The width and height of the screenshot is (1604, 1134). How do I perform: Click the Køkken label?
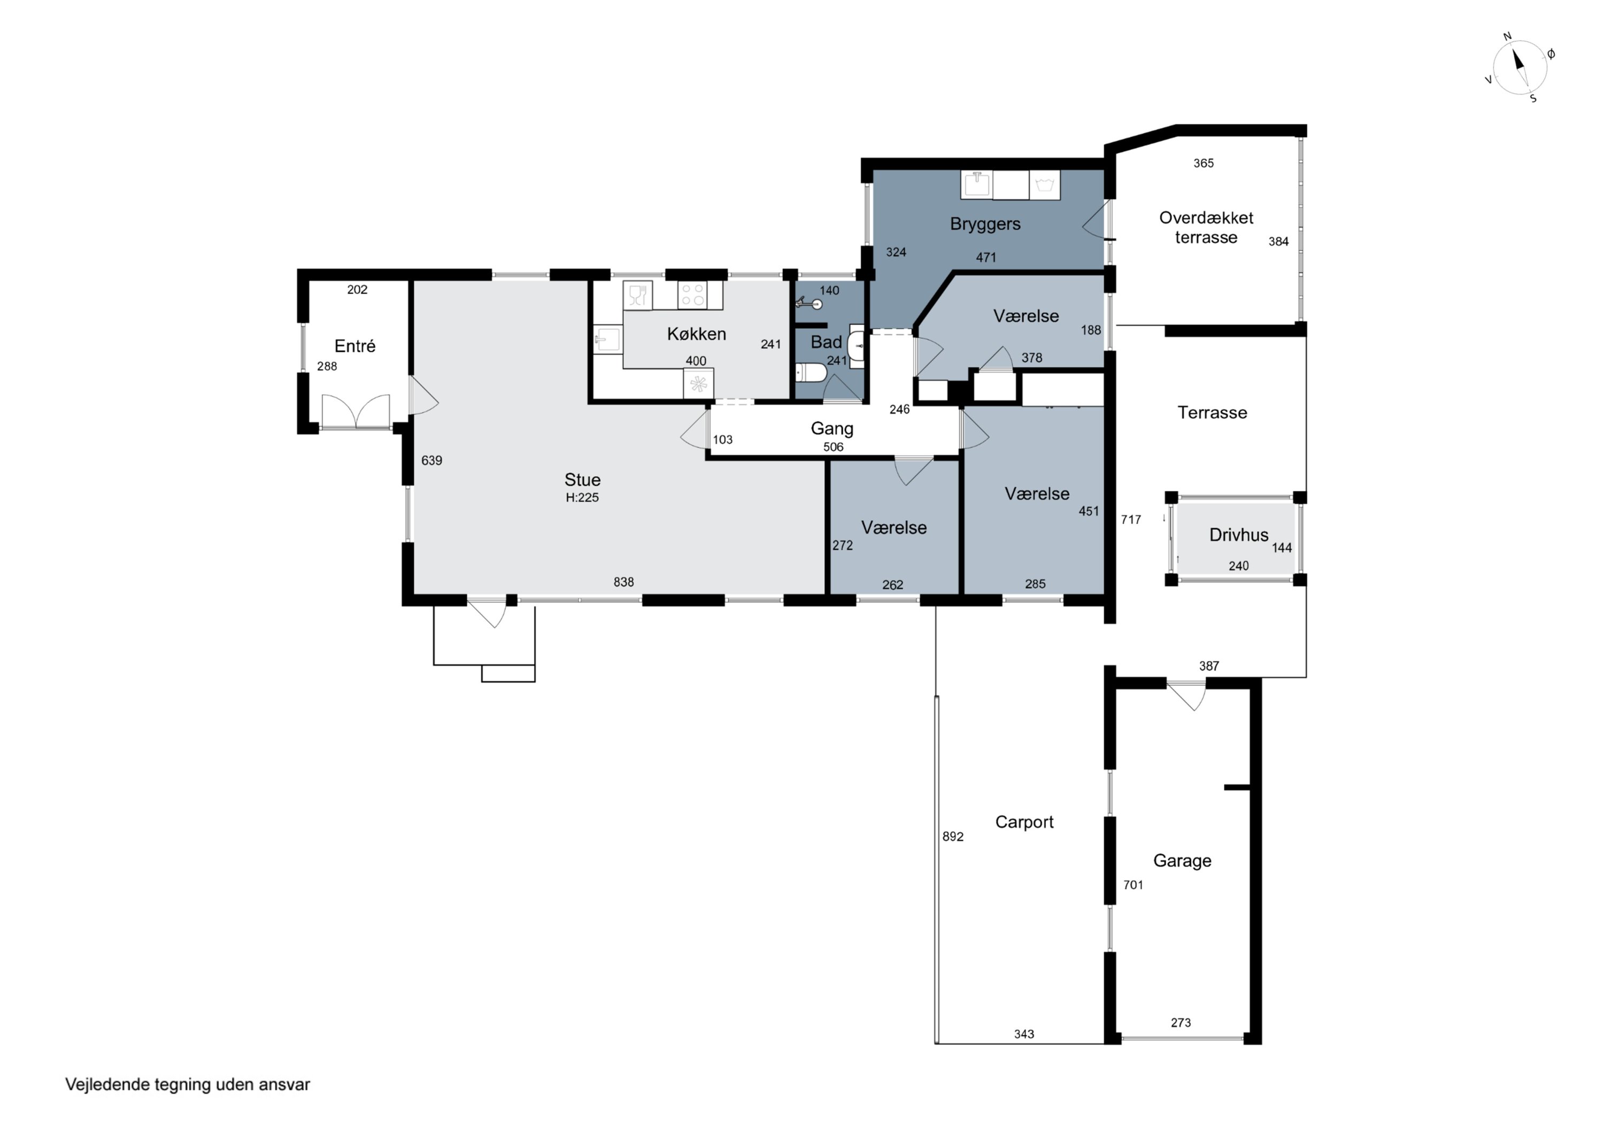click(x=697, y=334)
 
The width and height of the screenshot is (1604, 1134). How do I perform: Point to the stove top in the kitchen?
click(x=692, y=295)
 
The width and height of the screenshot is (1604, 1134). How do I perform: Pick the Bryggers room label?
click(x=985, y=224)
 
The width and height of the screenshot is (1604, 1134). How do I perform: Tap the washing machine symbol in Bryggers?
click(x=1044, y=184)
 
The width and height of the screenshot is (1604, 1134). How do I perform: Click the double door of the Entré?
click(x=356, y=411)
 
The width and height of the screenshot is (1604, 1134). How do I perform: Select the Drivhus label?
click(x=1239, y=535)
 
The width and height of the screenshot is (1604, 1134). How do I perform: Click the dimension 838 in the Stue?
click(x=624, y=582)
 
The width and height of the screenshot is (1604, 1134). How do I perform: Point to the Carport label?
click(x=1024, y=822)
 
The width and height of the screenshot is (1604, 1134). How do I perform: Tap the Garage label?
click(x=1182, y=861)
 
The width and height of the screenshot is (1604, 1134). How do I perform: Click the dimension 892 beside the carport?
click(x=953, y=836)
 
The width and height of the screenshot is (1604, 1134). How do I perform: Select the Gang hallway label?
click(x=832, y=429)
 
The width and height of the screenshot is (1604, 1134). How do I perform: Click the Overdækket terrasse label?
click(x=1207, y=228)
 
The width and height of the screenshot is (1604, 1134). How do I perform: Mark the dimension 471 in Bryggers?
click(x=986, y=258)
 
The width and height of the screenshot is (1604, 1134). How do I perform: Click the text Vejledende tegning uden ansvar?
click(x=187, y=1084)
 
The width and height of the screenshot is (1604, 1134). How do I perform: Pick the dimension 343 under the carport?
click(x=1024, y=1034)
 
